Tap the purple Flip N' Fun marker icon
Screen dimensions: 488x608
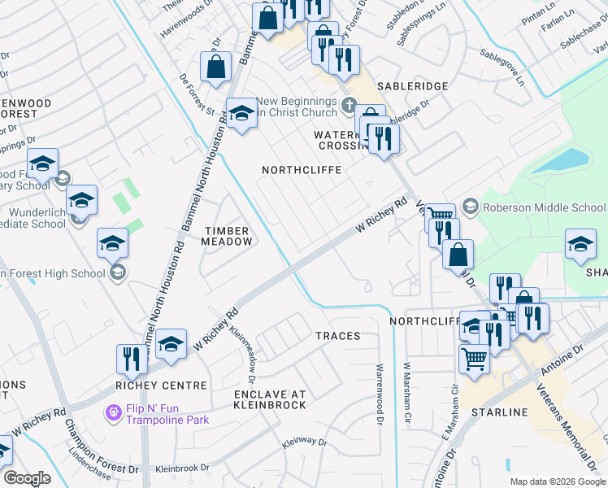tap(113, 414)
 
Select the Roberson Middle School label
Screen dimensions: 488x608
tap(545, 207)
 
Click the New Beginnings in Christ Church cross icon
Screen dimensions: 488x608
tap(349, 104)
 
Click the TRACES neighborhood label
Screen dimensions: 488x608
tap(337, 336)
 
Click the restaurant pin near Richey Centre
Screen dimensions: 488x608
tap(130, 358)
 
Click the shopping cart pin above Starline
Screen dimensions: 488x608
tap(475, 357)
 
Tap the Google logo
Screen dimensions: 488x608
tap(27, 478)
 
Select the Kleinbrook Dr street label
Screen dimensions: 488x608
tap(182, 468)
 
